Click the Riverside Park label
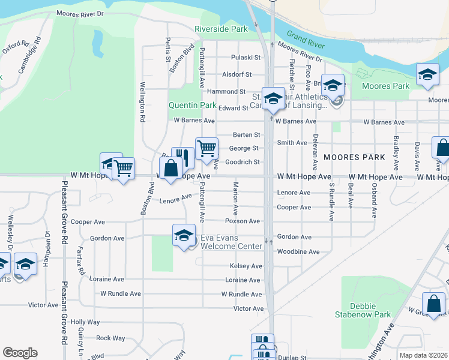coord(221,29)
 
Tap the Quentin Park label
coord(192,105)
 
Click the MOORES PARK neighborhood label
coord(349,157)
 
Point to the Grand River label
coord(306,41)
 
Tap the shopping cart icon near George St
coord(206,148)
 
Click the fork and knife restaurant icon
coord(183,158)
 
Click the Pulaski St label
coord(246,58)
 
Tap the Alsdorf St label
coord(237,74)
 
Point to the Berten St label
coord(246,135)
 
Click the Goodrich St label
coord(243,162)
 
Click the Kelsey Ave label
coord(246,266)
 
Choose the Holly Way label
coord(85,322)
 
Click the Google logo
coord(20,352)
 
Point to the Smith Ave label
coord(292,143)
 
